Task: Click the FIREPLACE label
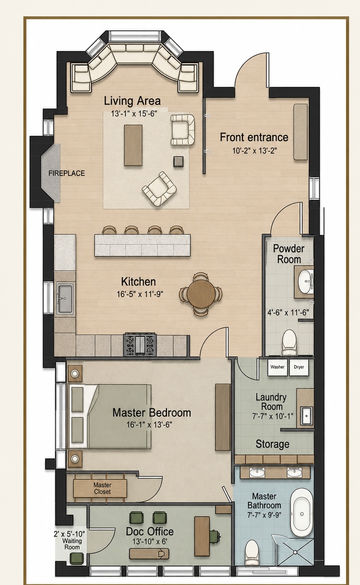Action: pos(67,173)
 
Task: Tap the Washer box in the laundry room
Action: pos(277,367)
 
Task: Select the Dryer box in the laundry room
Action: pos(299,367)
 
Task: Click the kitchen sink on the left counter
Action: pos(65,299)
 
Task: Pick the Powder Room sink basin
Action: pos(306,282)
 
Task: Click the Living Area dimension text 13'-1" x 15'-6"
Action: pos(134,114)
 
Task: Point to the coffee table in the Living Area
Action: pos(133,145)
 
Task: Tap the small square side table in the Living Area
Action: pos(178,161)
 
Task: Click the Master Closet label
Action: pos(102,488)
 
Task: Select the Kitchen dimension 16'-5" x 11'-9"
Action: pos(140,294)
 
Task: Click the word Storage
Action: pos(272,444)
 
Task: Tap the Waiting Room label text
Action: pos(72,543)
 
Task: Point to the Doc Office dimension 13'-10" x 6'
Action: pos(150,541)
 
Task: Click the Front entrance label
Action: pos(254,137)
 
